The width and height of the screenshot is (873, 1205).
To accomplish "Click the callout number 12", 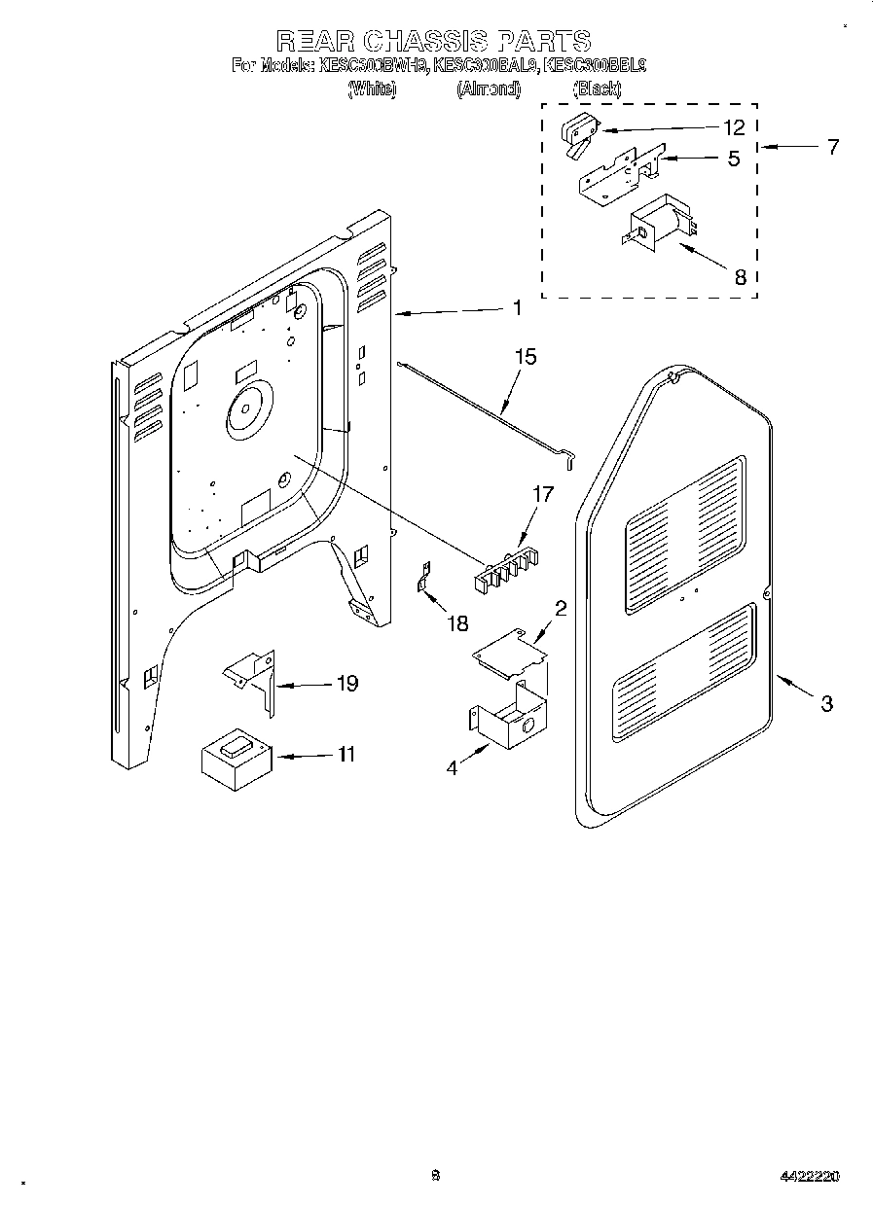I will (734, 127).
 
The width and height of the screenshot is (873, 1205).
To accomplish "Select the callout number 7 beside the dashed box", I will (833, 148).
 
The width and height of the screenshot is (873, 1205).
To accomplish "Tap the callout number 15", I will (525, 357).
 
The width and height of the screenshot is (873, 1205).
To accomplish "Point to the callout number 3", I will (826, 704).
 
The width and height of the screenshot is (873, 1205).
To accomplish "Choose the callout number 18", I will (457, 623).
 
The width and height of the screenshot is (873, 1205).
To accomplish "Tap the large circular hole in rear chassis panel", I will (246, 408).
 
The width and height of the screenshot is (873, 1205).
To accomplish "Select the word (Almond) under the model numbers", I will (489, 89).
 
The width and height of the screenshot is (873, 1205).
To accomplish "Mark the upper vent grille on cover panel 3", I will (685, 534).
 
